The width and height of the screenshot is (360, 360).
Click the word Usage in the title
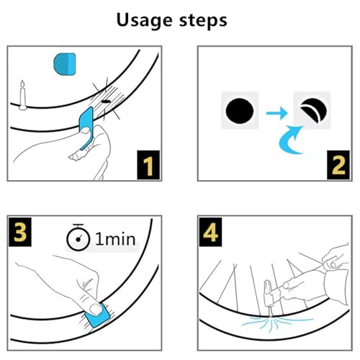click(144, 20)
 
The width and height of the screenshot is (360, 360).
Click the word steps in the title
click(203, 20)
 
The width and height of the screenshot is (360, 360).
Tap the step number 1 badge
click(148, 165)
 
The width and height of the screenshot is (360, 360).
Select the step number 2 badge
click(338, 165)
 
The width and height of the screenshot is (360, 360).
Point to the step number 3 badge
click(20, 232)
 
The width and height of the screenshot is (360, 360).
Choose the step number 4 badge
click(210, 232)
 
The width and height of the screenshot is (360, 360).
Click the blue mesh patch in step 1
click(65, 64)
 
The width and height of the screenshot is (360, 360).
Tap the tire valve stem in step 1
click(23, 95)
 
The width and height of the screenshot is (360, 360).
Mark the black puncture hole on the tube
click(106, 102)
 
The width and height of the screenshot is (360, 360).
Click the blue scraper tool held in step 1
click(86, 127)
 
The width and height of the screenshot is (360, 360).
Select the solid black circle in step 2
click(240, 111)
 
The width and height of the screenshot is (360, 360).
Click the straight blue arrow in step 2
click(276, 112)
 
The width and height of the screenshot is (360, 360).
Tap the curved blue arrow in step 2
click(287, 142)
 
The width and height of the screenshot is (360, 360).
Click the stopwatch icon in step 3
click(78, 237)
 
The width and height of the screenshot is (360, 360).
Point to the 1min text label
click(115, 239)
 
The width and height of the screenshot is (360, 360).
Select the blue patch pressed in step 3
click(98, 316)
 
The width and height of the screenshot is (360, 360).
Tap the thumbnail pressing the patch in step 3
click(96, 310)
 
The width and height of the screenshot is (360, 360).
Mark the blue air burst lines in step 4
click(276, 323)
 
